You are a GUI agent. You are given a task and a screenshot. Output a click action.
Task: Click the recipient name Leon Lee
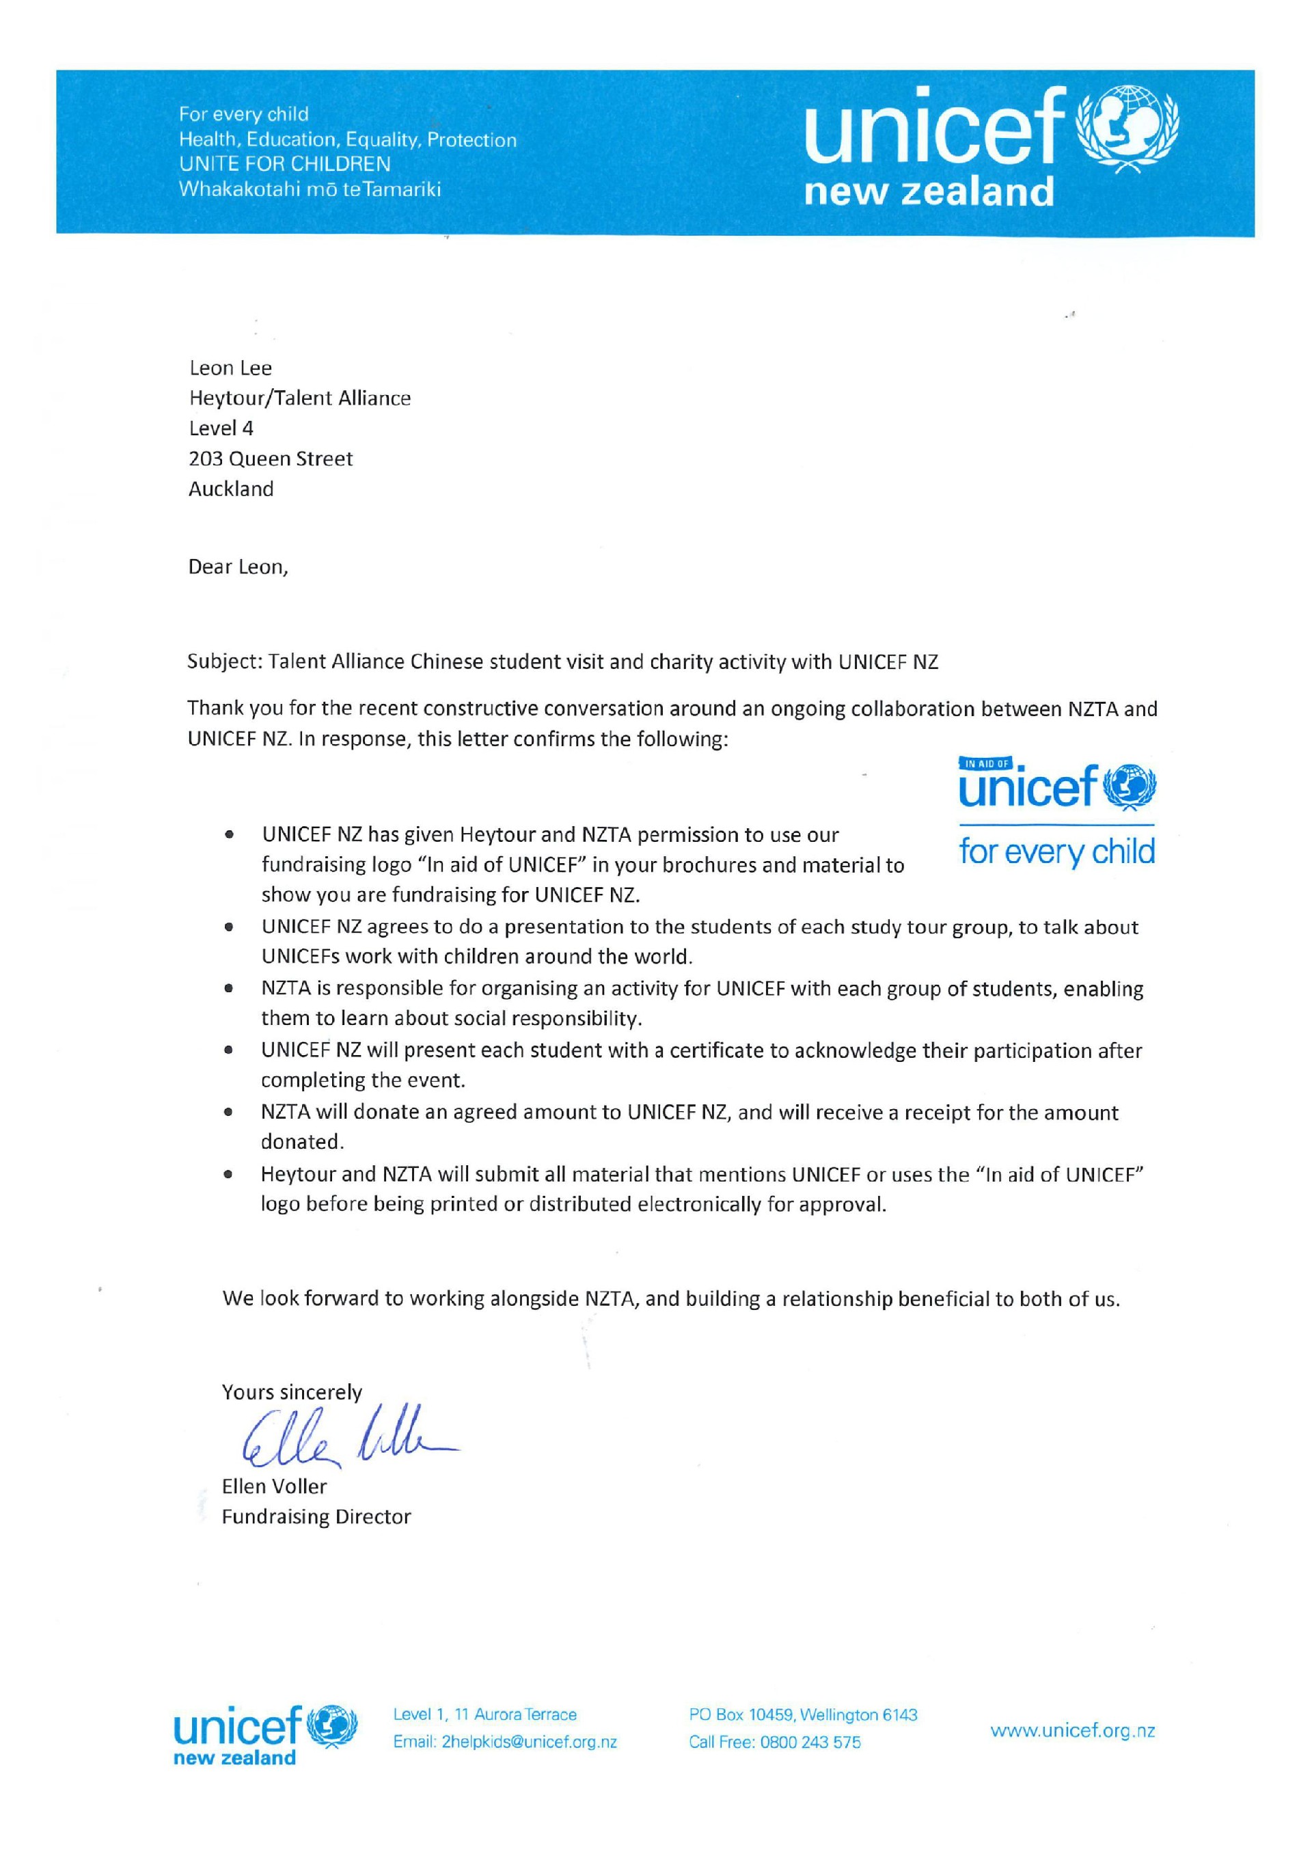(230, 368)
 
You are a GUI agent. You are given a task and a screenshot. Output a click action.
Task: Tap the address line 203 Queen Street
(271, 459)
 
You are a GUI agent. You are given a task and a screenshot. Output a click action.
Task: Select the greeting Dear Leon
(238, 567)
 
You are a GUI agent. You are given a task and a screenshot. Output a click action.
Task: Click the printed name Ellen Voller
(274, 1486)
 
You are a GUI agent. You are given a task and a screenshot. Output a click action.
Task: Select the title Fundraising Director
(316, 1516)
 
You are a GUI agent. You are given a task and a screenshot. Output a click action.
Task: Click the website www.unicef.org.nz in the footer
(1073, 1731)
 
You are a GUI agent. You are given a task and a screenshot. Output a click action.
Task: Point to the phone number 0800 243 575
(810, 1742)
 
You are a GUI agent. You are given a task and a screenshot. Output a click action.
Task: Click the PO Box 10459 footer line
(803, 1715)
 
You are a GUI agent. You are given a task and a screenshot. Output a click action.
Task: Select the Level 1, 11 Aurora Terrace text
(485, 1715)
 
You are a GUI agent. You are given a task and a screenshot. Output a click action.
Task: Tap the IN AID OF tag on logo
(985, 763)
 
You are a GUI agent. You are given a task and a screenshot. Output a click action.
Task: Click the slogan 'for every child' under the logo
(1056, 852)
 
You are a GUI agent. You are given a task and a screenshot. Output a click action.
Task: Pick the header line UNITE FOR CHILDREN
(284, 164)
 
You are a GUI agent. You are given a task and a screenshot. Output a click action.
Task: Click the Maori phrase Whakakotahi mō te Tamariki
(310, 190)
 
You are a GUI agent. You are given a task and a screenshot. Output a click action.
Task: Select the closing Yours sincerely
(292, 1392)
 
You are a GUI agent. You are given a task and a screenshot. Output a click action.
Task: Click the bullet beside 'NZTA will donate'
(230, 1113)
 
